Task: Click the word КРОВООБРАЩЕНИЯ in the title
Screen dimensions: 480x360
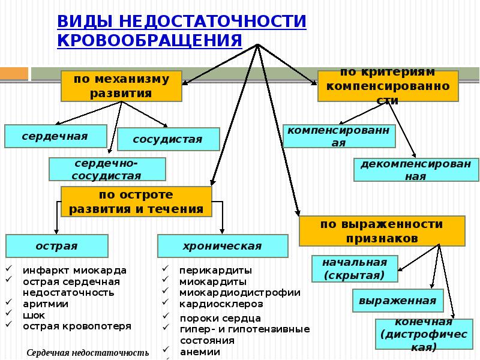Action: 149,40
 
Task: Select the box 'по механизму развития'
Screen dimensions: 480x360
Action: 122,86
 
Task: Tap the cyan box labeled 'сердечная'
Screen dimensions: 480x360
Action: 56,136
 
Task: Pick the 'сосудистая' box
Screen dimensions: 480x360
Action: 169,139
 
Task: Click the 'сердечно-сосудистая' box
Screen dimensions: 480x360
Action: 107,169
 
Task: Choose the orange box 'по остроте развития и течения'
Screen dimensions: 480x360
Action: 136,202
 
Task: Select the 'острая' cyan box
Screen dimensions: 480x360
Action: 57,246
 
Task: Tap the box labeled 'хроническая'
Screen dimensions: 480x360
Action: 223,246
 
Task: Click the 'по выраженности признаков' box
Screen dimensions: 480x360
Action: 382,231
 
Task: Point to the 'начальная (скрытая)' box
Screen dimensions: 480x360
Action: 355,269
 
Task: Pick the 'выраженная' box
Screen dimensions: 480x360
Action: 398,301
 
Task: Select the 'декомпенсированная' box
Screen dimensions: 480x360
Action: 416,170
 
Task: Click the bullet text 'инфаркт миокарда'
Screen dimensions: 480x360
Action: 74,271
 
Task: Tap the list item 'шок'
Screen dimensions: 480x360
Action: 34,316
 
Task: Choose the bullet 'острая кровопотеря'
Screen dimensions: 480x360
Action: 77,326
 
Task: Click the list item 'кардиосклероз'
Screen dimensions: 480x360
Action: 221,304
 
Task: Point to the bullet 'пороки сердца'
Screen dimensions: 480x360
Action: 220,319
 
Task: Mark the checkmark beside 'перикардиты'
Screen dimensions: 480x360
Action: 166,268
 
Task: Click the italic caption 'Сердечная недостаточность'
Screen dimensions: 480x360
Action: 88,353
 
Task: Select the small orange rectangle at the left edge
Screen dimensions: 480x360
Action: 14,74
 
